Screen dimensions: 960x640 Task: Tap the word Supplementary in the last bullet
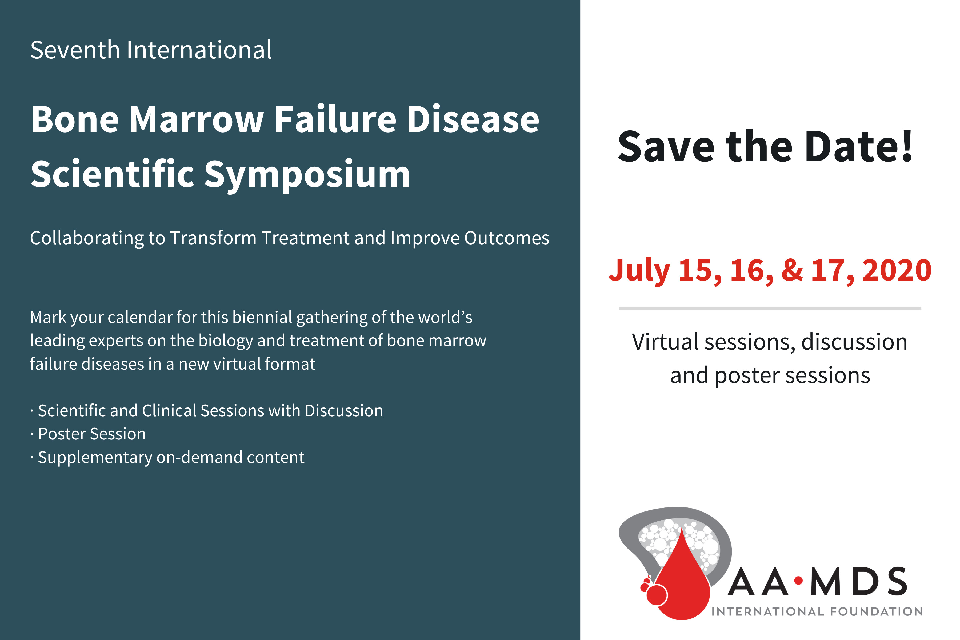[x=95, y=458]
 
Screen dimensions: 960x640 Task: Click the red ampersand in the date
[x=792, y=270]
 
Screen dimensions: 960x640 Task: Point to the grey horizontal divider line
[x=770, y=308]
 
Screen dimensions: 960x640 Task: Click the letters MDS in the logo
[x=859, y=581]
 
